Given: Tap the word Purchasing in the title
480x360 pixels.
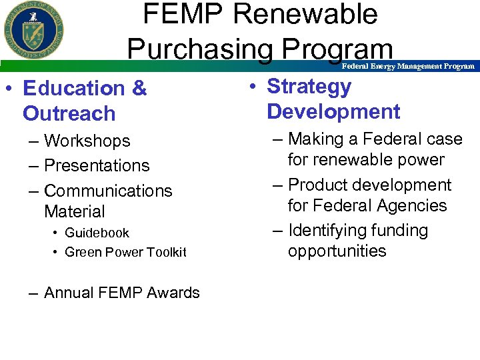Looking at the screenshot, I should point(199,48).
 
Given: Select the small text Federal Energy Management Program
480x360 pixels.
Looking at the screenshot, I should point(408,66).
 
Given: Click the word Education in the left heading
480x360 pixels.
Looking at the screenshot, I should point(73,88).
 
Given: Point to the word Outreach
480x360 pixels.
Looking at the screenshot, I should point(69,113).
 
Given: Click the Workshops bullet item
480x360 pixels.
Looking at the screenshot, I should point(87,141).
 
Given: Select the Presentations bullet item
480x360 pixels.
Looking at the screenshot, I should point(97,165).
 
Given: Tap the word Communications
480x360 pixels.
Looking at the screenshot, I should point(108,191).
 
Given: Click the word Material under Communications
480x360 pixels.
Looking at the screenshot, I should point(75,212).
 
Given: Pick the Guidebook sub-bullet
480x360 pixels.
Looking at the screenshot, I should point(97,233).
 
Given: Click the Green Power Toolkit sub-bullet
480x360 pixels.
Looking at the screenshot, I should point(125,252).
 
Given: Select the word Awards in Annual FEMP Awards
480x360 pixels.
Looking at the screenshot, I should point(176,293).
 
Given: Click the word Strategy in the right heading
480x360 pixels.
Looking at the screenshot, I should point(309,87).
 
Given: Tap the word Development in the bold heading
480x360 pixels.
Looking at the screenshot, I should point(333,112).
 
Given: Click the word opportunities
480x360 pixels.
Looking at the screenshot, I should point(337,251).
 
